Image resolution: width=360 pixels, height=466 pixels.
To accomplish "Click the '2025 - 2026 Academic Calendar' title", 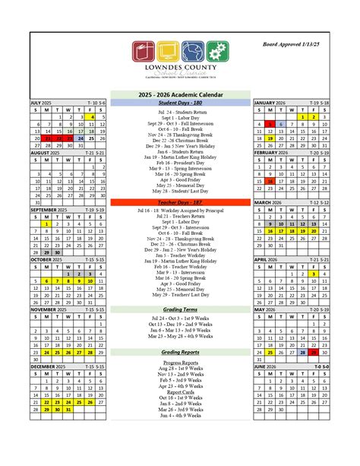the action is pyautogui.click(x=180, y=94).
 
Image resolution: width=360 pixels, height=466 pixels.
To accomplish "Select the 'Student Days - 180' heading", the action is pyautogui.click(x=180, y=102).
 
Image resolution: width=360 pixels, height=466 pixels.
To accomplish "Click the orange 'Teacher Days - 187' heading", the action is pyautogui.click(x=180, y=202).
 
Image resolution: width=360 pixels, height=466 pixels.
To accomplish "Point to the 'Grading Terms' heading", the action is pyautogui.click(x=180, y=309).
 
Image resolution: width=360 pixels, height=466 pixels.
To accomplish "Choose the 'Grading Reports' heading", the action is pyautogui.click(x=180, y=353).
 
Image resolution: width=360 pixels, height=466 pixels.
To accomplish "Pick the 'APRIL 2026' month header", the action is pyautogui.click(x=270, y=259).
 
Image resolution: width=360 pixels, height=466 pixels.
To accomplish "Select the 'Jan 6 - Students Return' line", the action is pyautogui.click(x=180, y=151).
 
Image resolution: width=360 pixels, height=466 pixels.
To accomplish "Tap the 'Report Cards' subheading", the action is pyautogui.click(x=180, y=391).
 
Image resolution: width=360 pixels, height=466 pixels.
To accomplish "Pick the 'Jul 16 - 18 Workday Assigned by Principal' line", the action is pyautogui.click(x=180, y=210).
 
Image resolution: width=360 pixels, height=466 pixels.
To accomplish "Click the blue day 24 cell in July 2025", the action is pyautogui.click(x=81, y=138).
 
